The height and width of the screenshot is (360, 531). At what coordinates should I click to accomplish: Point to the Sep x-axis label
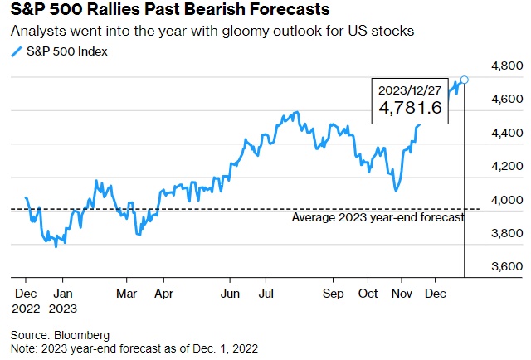(332, 294)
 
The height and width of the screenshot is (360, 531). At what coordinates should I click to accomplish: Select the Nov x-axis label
(402, 294)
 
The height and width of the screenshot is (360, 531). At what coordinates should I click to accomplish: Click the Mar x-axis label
(126, 294)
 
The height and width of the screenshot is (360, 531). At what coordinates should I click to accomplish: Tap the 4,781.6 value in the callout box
(410, 108)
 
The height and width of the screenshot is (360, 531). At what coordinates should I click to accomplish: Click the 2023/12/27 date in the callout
(410, 90)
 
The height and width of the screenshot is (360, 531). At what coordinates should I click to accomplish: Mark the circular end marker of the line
(464, 80)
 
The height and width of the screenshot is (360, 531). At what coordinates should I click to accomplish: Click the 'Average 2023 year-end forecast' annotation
(378, 217)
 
